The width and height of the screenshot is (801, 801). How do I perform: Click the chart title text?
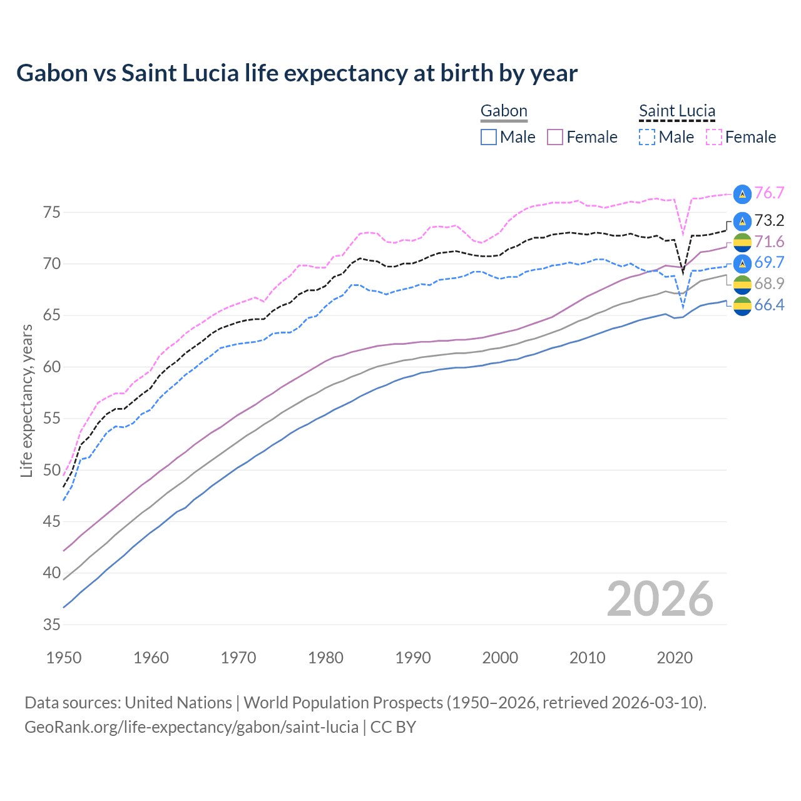point(297,73)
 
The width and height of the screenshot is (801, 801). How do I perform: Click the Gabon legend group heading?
point(504,111)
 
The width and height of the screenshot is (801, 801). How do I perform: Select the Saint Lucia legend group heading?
point(676,111)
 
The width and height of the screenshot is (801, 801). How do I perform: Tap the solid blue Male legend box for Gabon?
point(489,137)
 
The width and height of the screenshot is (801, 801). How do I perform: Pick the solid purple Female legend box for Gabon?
point(556,137)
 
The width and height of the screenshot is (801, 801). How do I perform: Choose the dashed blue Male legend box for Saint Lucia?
point(647,137)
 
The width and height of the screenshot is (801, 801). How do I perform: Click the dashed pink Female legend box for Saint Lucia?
point(714,137)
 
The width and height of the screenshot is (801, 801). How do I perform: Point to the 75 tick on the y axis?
point(52,213)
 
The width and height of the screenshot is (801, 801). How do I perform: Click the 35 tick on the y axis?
point(52,625)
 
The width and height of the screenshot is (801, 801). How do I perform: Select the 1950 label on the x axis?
point(64,658)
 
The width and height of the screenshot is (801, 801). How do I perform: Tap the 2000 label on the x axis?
point(501,658)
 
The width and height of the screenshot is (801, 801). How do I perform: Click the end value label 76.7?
point(769,193)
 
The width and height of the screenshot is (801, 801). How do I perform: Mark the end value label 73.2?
point(769,220)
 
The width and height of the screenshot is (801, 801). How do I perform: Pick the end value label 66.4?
point(769,305)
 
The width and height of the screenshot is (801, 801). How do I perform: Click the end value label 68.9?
point(769,283)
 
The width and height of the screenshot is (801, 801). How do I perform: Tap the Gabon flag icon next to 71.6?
point(742,242)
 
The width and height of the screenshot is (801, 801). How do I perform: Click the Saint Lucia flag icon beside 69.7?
point(742,263)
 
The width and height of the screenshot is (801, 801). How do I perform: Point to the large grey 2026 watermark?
point(660,599)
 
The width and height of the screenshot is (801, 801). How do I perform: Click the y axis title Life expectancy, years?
point(26,400)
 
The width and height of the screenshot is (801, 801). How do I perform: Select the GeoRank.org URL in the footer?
point(191,727)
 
